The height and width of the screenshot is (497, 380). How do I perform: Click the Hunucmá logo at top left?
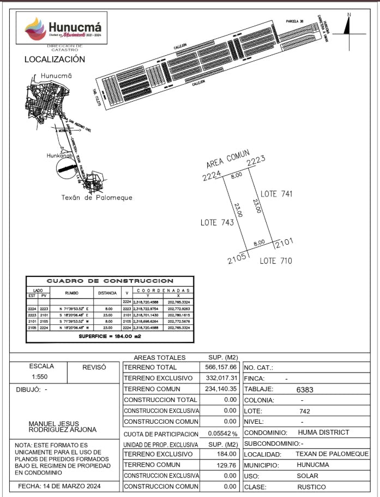point(64,28)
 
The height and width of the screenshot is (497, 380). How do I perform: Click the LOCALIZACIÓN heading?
point(55,59)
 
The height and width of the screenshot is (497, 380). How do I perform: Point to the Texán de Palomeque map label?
point(96,198)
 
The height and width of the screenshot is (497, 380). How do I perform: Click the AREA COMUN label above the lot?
point(227,159)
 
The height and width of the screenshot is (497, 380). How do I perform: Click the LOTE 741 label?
point(276,194)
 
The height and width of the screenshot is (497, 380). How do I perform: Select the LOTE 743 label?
point(217,222)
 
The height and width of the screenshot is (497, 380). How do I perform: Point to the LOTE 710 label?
point(275,261)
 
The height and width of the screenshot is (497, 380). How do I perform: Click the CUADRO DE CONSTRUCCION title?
point(110,281)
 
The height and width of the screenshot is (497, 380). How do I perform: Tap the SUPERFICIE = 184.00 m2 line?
point(110,336)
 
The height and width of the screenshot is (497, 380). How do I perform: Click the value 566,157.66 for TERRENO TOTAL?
point(223,367)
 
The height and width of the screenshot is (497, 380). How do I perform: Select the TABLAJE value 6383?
point(305,390)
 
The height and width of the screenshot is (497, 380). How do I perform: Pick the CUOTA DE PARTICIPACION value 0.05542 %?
point(223,433)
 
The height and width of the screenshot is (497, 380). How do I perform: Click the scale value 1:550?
point(42,377)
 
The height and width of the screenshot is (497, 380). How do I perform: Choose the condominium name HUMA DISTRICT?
point(323,433)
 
